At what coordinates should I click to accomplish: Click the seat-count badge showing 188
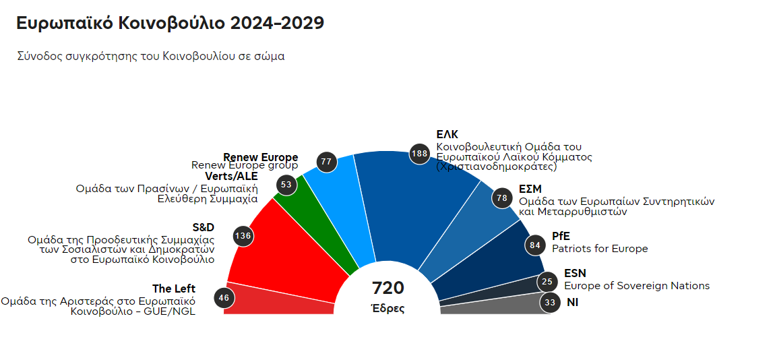click(x=419, y=154)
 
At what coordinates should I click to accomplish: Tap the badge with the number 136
click(x=243, y=236)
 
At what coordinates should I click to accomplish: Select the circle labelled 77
click(x=327, y=162)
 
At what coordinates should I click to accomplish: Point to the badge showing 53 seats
click(x=286, y=185)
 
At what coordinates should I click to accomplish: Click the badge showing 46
click(x=224, y=297)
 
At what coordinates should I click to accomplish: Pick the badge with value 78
click(x=501, y=198)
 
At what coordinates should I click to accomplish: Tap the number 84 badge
click(x=535, y=245)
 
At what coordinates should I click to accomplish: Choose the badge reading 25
click(x=547, y=282)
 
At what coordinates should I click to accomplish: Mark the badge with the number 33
click(x=550, y=303)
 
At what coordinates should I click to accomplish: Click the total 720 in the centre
click(x=388, y=289)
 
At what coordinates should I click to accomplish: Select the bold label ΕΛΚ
click(x=447, y=135)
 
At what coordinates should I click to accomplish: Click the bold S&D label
click(x=203, y=227)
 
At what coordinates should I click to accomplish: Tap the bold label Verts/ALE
click(x=236, y=176)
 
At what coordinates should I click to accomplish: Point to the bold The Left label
click(x=174, y=289)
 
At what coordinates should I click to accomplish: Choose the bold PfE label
click(x=561, y=237)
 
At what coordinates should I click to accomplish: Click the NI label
click(x=572, y=303)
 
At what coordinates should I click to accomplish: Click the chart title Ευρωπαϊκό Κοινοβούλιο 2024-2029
click(x=171, y=23)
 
